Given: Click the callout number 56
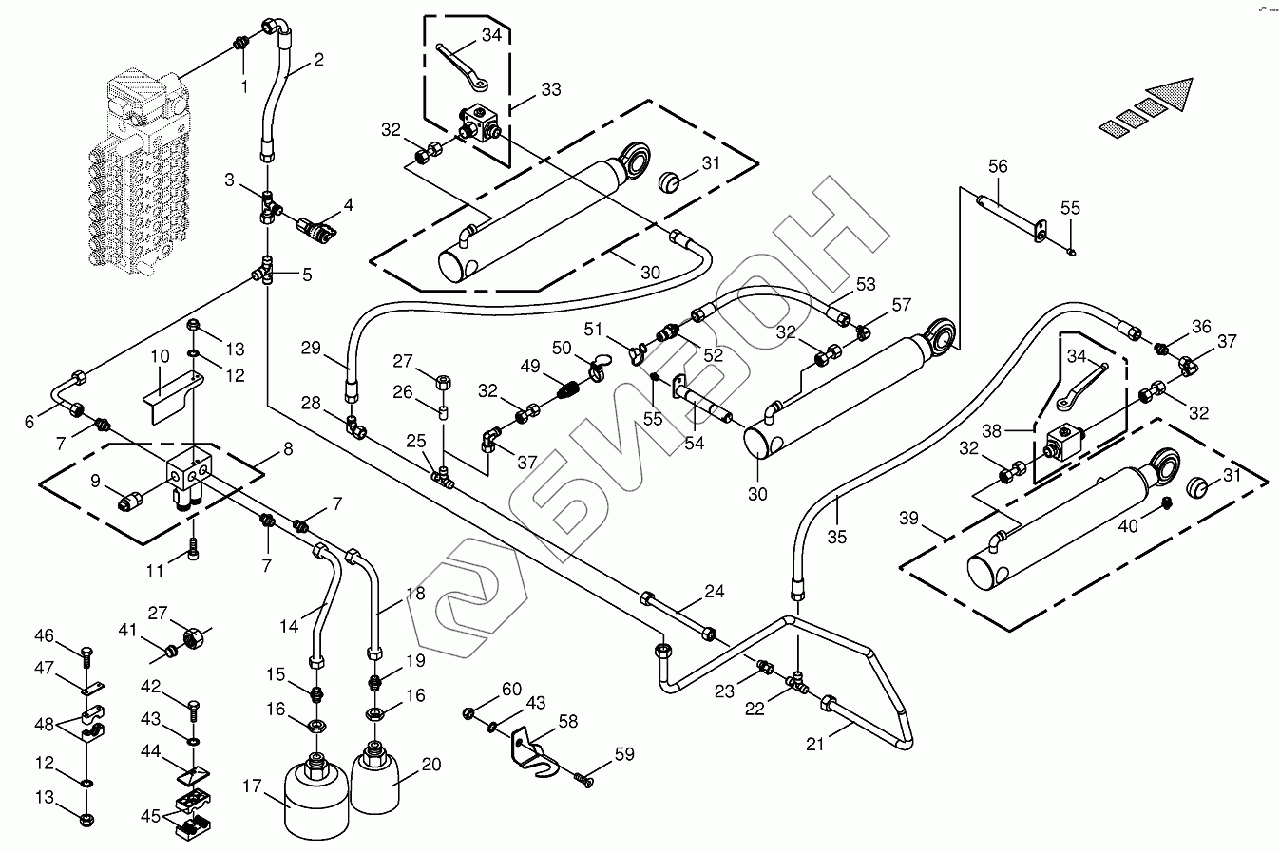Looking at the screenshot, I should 997,167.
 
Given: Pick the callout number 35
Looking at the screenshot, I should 836,537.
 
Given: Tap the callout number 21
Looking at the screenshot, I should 814,744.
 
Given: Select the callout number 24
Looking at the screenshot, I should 715,592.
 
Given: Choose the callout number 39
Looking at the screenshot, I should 909,519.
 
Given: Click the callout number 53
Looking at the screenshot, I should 866,284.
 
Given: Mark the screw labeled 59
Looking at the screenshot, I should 583,780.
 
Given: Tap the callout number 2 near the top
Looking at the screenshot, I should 318,60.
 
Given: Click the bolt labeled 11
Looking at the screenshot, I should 194,547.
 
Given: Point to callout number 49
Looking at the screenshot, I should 529,367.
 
